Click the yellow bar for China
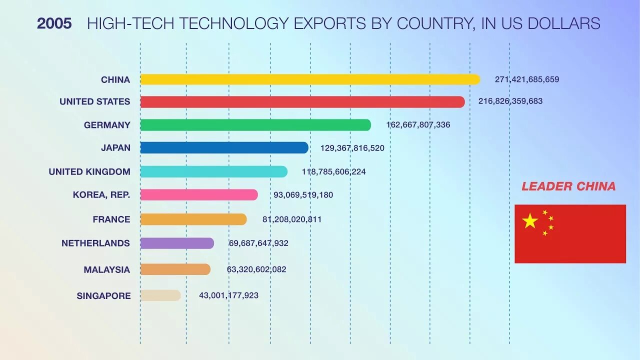(x=310, y=79)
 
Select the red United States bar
(x=302, y=102)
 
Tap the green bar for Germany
(x=255, y=125)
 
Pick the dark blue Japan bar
(x=224, y=147)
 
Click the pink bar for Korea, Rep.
(x=199, y=195)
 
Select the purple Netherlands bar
(x=177, y=243)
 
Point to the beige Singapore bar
(x=160, y=295)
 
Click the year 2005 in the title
(x=54, y=23)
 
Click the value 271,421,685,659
(x=527, y=79)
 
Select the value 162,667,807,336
(x=418, y=125)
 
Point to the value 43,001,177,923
(x=228, y=295)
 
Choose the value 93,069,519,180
(x=303, y=195)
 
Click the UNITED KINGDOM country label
(x=89, y=171)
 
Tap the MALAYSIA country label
(x=107, y=269)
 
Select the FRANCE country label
(x=111, y=219)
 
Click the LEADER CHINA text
(x=568, y=186)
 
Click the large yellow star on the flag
(x=530, y=220)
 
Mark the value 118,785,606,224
(x=333, y=171)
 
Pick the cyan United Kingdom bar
(x=213, y=171)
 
